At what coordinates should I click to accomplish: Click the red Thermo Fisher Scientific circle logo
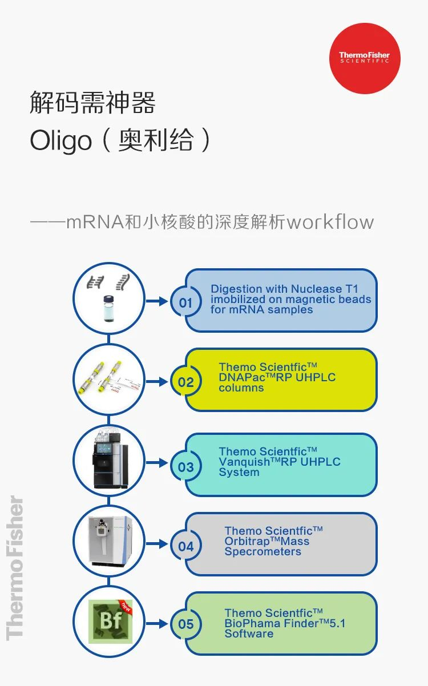click(x=365, y=58)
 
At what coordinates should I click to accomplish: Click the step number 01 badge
click(x=186, y=302)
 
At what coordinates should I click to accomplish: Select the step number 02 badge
click(x=186, y=381)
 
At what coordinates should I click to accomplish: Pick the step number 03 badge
click(x=186, y=467)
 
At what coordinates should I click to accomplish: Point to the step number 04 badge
click(x=186, y=546)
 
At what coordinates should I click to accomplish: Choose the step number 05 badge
click(x=186, y=624)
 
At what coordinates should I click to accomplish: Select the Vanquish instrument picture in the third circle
click(x=108, y=459)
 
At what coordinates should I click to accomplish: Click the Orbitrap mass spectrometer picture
click(x=108, y=539)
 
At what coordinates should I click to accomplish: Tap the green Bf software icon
click(x=110, y=621)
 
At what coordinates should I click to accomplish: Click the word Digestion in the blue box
click(x=236, y=289)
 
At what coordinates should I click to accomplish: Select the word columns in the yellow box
click(x=241, y=388)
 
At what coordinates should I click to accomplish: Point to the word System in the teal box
click(x=239, y=473)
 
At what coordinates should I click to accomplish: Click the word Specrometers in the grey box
click(x=263, y=552)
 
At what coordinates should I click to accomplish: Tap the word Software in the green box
click(x=249, y=633)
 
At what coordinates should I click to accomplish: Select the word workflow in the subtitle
click(x=330, y=222)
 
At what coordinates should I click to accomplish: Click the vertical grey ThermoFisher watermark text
click(x=15, y=568)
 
